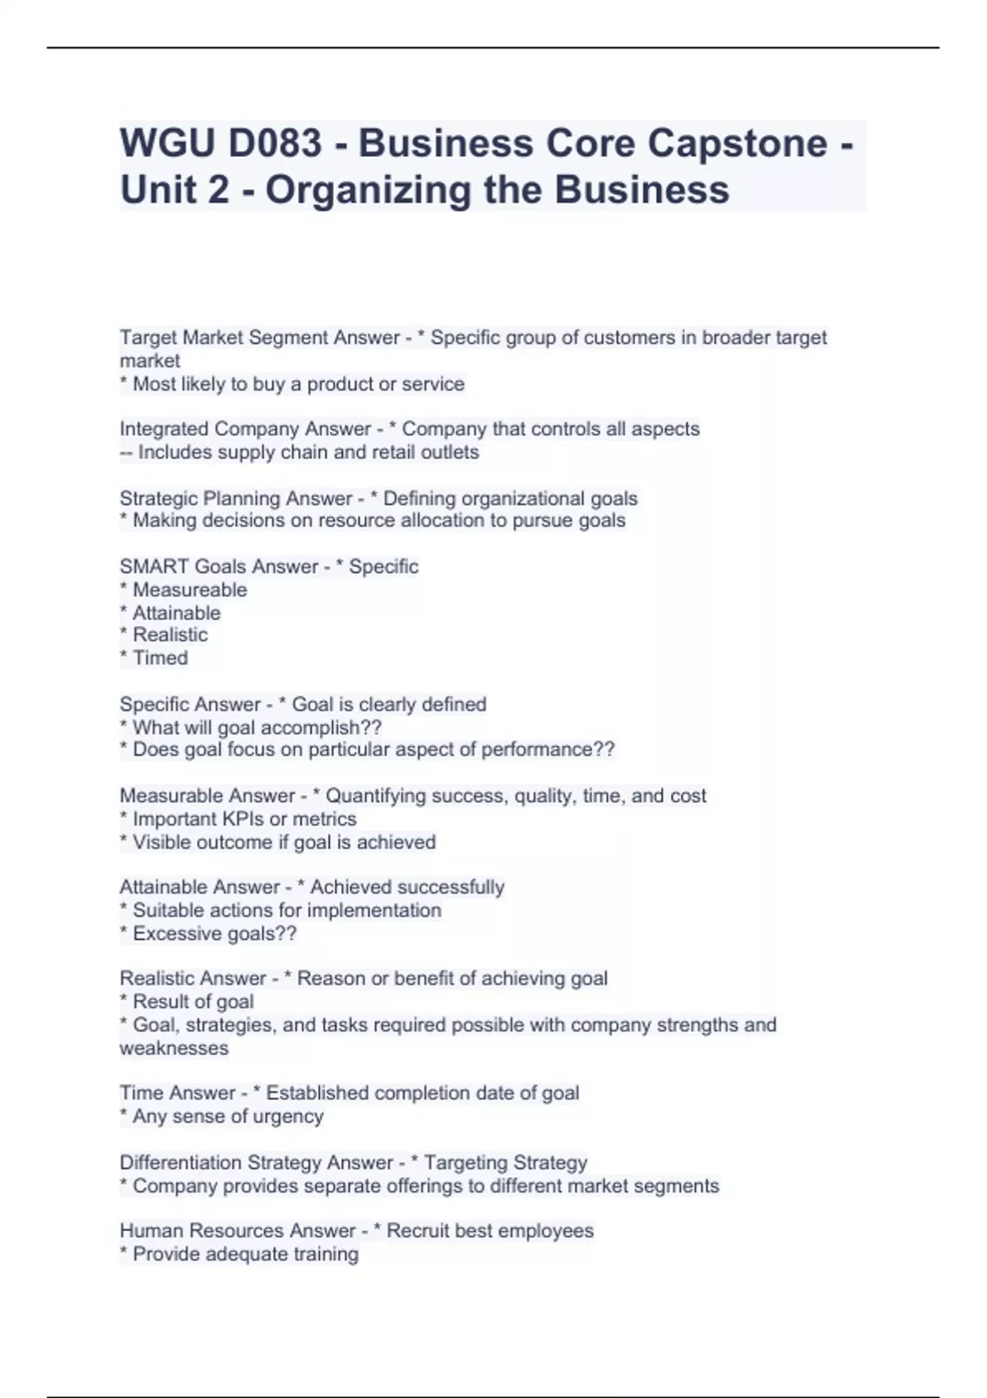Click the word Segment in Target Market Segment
293,338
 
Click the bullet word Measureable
189,590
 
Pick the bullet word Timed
160,658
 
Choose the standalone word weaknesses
174,1048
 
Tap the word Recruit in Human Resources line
418,1231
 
